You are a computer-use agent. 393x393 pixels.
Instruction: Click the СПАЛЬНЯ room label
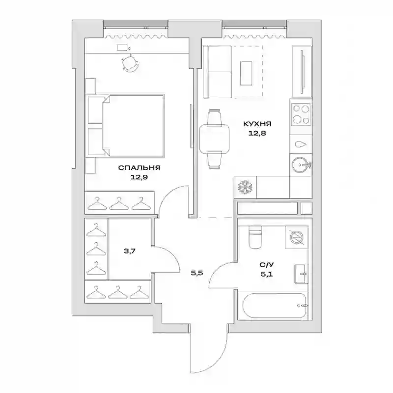coord(140,168)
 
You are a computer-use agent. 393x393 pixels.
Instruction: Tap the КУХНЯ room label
coord(257,124)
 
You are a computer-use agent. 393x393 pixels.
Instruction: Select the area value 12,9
coord(139,177)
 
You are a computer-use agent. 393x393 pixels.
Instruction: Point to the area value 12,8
coord(257,133)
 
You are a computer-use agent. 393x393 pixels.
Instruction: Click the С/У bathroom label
coord(267,265)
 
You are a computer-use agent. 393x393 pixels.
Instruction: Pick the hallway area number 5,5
coord(197,273)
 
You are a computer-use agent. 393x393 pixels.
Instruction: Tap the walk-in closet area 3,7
coord(130,251)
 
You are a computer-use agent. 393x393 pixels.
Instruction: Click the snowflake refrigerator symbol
coord(245,187)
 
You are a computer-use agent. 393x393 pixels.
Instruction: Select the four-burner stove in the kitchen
coord(301,114)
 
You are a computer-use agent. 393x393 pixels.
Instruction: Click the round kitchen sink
coord(300,165)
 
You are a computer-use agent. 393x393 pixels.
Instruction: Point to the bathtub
coord(275,306)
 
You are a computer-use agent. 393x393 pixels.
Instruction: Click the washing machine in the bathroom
coord(297,237)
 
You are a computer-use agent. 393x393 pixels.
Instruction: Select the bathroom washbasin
coord(301,274)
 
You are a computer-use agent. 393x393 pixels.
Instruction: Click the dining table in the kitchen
coord(215,139)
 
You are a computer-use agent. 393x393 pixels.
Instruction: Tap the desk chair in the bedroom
coord(130,64)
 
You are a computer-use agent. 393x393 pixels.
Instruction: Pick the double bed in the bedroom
coord(126,126)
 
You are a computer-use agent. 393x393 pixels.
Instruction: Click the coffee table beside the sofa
coord(246,73)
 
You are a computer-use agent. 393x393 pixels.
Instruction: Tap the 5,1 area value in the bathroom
coord(267,274)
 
